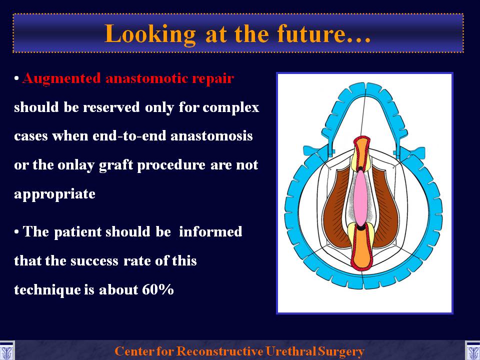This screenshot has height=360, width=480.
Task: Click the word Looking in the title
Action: coord(150,35)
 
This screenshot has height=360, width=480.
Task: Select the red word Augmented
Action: coord(61,79)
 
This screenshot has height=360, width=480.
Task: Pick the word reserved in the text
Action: coord(111,107)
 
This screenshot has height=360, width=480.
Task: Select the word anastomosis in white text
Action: coord(211,135)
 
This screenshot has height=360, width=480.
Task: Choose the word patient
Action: coord(78,231)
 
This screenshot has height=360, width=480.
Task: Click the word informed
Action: coord(210,231)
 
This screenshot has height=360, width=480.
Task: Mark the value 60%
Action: coord(158,289)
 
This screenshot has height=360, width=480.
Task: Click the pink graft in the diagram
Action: coord(360,198)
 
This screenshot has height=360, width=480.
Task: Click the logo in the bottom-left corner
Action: coord(6,351)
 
